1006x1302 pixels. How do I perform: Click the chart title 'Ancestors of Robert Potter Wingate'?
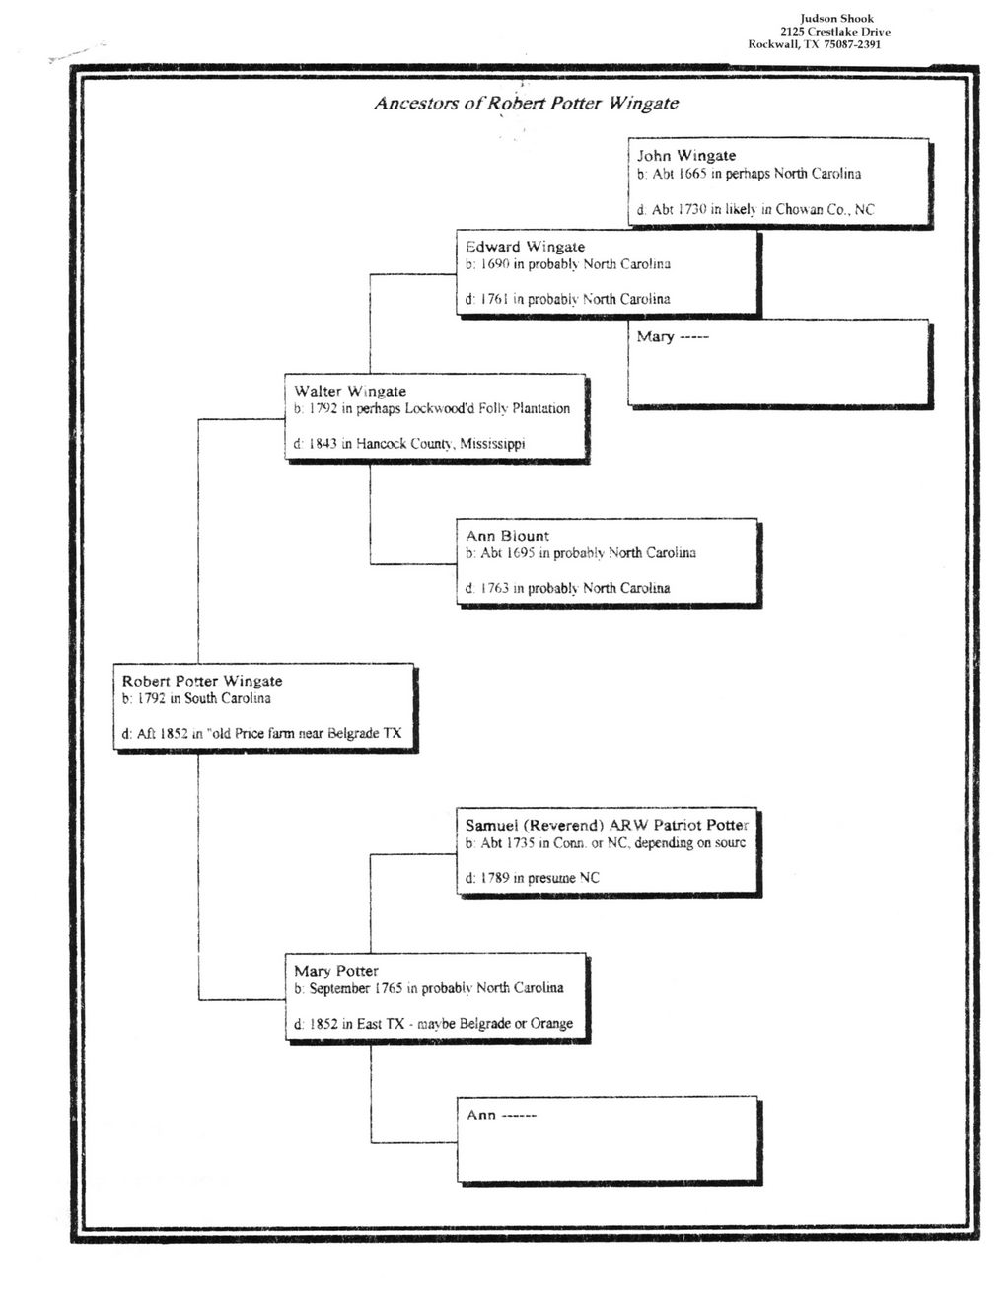(x=526, y=104)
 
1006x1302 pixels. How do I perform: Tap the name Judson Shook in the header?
(x=836, y=19)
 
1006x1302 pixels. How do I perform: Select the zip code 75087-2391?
(x=852, y=44)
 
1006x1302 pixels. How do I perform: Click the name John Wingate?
(x=686, y=156)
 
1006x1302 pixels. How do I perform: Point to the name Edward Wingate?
(x=525, y=247)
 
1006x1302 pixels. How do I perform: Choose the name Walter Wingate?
(x=350, y=392)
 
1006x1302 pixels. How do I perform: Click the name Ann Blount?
(x=508, y=536)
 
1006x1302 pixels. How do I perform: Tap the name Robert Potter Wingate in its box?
(x=202, y=681)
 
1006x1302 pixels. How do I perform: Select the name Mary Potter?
(x=336, y=971)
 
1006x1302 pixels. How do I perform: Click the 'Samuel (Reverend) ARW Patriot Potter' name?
(x=607, y=825)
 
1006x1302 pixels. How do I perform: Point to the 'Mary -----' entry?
(x=673, y=336)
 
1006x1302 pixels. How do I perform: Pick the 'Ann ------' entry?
(x=501, y=1115)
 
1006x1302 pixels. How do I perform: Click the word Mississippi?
(x=492, y=445)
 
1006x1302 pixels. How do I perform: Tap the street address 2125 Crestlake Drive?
(x=835, y=32)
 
